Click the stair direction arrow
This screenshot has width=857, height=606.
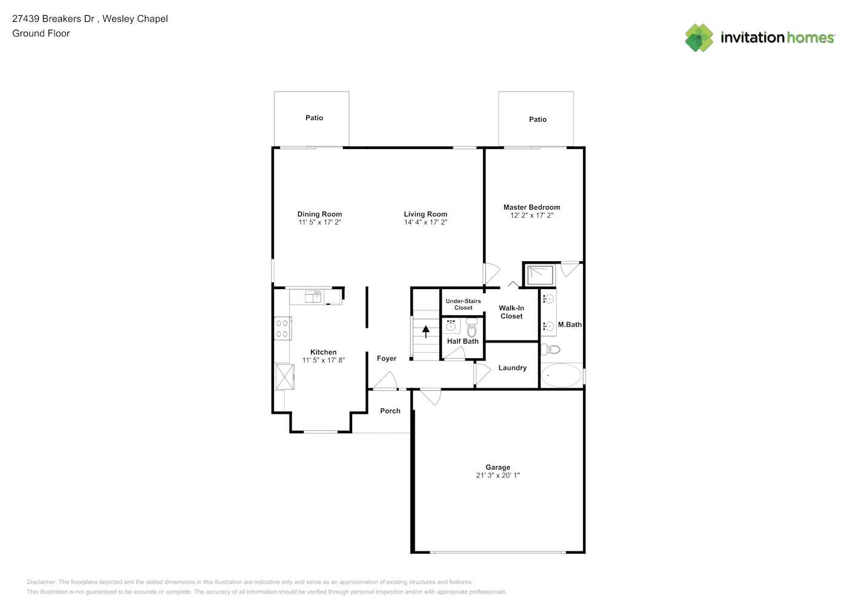click(x=425, y=331)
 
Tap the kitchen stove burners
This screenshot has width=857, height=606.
click(x=282, y=328)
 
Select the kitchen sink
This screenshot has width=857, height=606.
click(x=313, y=296)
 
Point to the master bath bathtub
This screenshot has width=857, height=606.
click(x=561, y=375)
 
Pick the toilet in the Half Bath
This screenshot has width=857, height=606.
click(x=472, y=327)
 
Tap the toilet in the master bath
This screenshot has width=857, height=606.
click(x=550, y=349)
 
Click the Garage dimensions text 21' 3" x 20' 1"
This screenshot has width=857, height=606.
click(x=498, y=475)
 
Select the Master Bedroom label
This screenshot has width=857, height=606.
click(x=532, y=207)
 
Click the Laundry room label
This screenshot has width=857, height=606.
click(x=512, y=368)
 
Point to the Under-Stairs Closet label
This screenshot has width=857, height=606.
click(x=463, y=304)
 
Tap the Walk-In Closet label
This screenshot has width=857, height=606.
click(x=512, y=312)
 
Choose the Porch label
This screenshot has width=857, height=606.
click(x=390, y=410)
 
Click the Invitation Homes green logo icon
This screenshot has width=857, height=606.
click(x=699, y=38)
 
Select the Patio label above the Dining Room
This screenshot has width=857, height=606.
click(x=314, y=118)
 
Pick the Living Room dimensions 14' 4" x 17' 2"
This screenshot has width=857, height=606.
click(x=425, y=222)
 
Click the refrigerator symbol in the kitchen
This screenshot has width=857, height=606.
click(x=285, y=377)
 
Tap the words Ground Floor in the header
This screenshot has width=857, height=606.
click(x=41, y=33)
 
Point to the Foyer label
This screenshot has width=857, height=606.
click(x=387, y=359)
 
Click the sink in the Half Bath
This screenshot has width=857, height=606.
click(x=451, y=327)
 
